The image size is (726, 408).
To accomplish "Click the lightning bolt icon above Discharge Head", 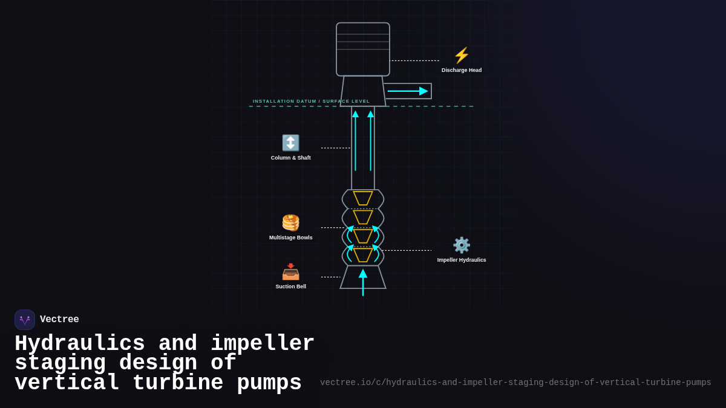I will [462, 56].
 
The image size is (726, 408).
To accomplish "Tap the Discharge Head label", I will [462, 70].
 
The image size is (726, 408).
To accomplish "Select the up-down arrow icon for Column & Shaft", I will [290, 143].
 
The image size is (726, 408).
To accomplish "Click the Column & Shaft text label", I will [290, 158].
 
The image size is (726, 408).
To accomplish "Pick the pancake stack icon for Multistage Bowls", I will [290, 222].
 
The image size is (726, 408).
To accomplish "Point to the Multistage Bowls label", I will [290, 238].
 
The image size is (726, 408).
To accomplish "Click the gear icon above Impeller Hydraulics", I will [462, 245].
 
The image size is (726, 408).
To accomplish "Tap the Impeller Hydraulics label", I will [462, 260].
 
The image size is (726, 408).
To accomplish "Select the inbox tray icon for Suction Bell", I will [290, 272].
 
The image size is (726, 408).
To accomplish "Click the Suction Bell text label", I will [290, 287].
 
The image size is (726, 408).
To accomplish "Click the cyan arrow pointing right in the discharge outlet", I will [408, 91].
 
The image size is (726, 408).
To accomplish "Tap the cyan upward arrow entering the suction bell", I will [363, 282].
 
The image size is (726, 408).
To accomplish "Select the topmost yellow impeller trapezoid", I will [363, 198].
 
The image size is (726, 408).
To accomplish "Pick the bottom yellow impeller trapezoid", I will [363, 255].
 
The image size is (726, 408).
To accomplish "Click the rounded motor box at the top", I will [363, 50].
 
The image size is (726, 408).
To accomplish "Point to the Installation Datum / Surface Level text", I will [311, 102].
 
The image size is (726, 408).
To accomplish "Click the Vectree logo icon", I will [25, 320].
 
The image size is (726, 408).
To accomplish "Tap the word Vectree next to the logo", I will [59, 320].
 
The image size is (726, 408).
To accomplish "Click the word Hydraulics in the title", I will [79, 344].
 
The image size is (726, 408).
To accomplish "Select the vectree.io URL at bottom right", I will [515, 383].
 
